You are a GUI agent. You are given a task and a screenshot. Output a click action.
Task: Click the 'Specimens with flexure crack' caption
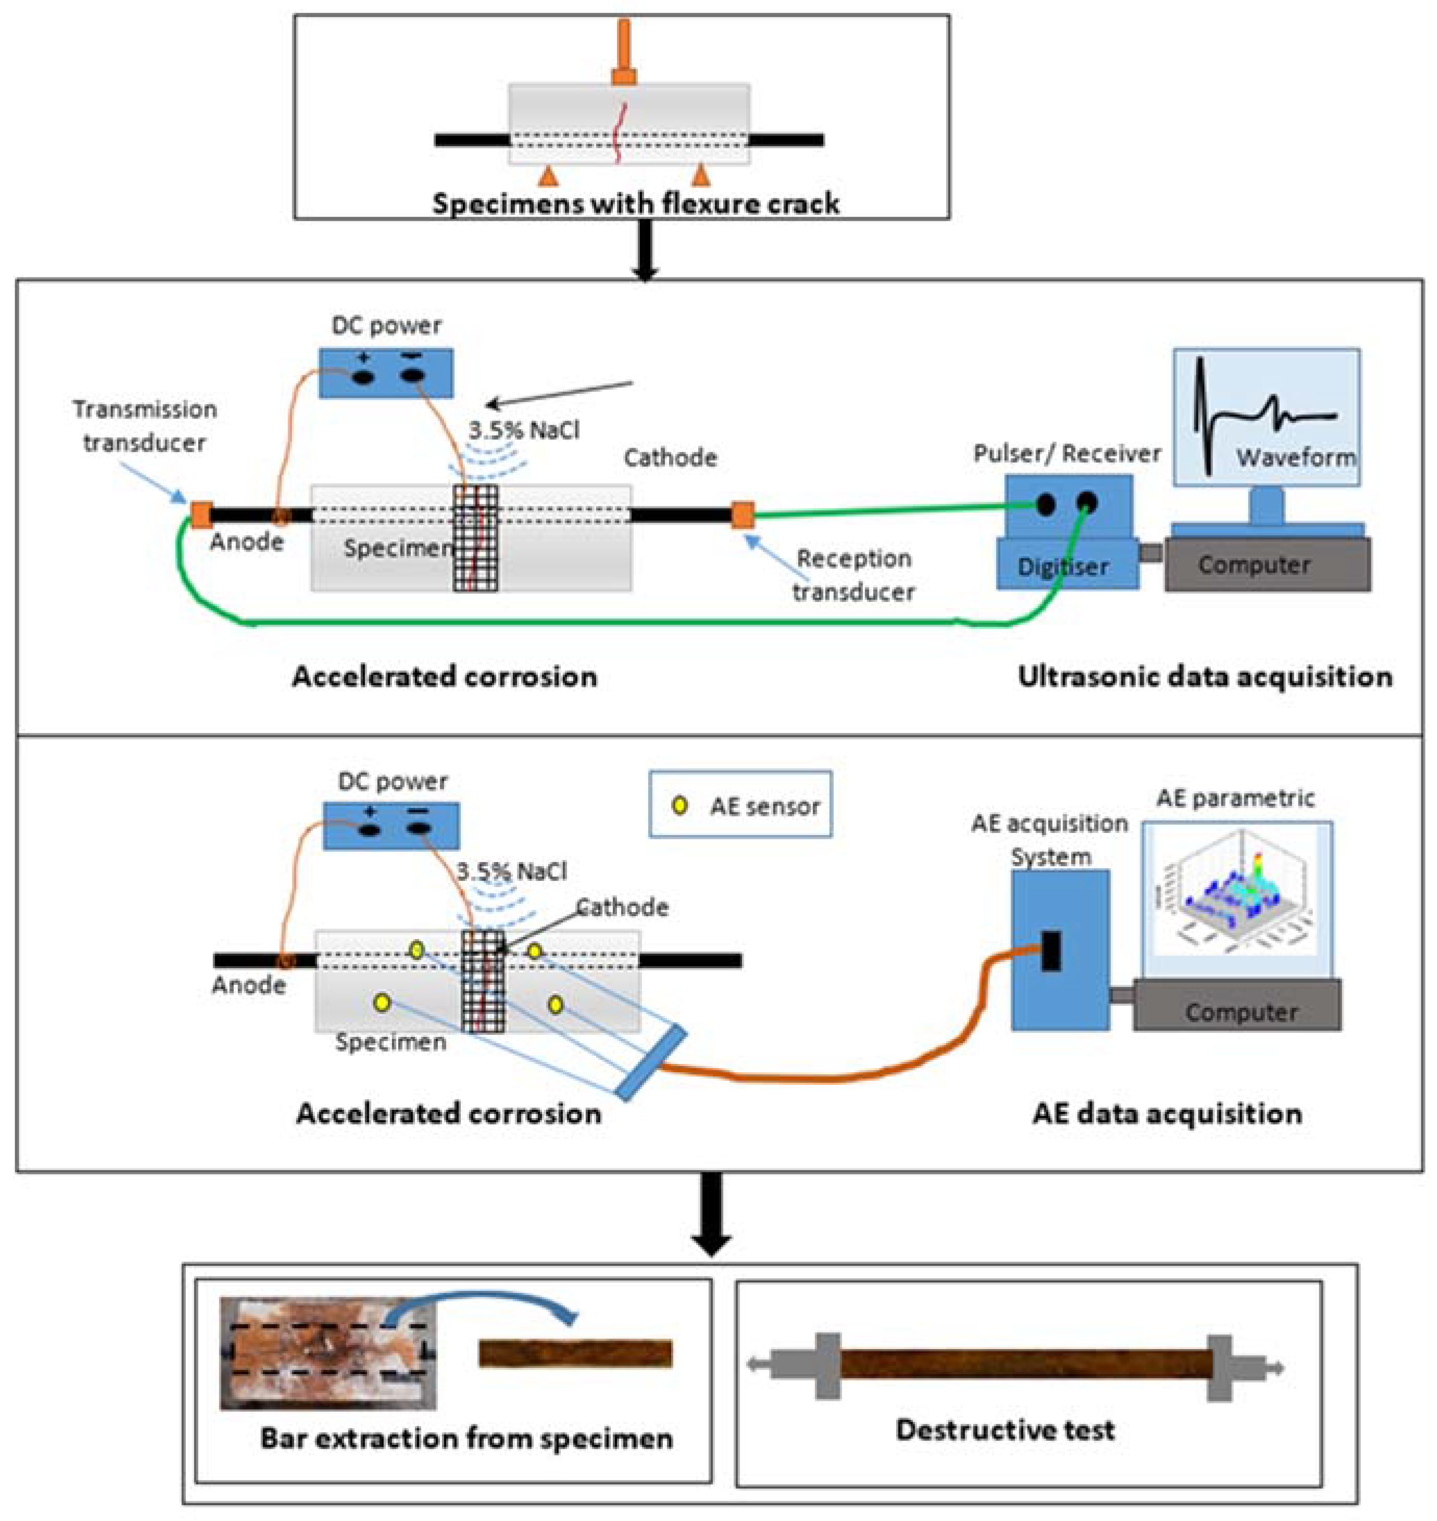coord(636,204)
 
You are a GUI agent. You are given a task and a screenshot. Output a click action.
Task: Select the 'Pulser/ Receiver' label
coord(1067,453)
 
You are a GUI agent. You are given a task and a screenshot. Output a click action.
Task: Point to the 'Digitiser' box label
coord(1063,567)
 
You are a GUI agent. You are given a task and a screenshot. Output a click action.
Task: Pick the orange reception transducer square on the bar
coord(742,515)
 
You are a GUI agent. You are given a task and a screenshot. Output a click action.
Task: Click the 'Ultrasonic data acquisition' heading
coord(1205,676)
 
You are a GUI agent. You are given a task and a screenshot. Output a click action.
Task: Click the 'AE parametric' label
coord(1236,798)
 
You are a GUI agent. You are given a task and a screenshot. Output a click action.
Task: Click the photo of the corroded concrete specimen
coord(328,1352)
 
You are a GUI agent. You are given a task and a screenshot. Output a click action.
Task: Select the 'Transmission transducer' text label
coord(145,426)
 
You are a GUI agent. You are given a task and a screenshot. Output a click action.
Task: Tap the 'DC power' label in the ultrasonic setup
coord(386,325)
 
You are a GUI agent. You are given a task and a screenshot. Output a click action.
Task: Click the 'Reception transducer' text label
coord(853,575)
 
